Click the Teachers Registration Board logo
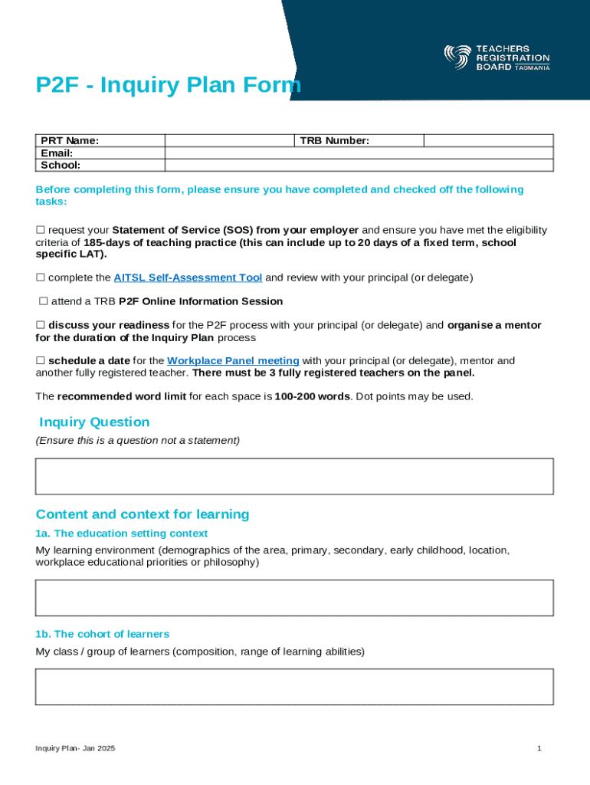pyautogui.click(x=497, y=57)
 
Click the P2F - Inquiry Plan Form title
pyautogui.click(x=168, y=86)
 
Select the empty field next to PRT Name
pyautogui.click(x=229, y=140)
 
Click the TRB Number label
pyautogui.click(x=334, y=140)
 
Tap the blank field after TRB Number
pyautogui.click(x=487, y=140)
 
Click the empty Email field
pyautogui.click(x=359, y=153)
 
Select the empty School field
pyautogui.click(x=359, y=165)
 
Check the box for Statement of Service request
pyautogui.click(x=41, y=231)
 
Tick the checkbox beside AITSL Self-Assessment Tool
pyautogui.click(x=41, y=278)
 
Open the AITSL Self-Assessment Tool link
pyautogui.click(x=188, y=278)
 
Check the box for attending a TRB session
pyautogui.click(x=44, y=302)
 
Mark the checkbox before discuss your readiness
pyautogui.click(x=41, y=326)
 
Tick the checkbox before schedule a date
pyautogui.click(x=41, y=361)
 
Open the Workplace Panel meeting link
pyautogui.click(x=233, y=361)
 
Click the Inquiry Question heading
pyautogui.click(x=94, y=422)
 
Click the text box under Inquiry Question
pyautogui.click(x=294, y=476)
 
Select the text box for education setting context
pyautogui.click(x=294, y=597)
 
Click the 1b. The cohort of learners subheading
pyautogui.click(x=102, y=634)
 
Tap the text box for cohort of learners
pyautogui.click(x=294, y=686)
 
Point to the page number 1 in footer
pyautogui.click(x=539, y=748)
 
